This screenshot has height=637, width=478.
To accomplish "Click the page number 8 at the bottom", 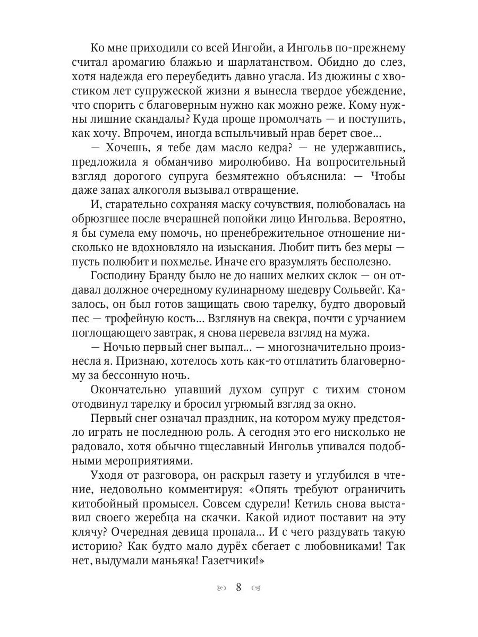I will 238,587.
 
